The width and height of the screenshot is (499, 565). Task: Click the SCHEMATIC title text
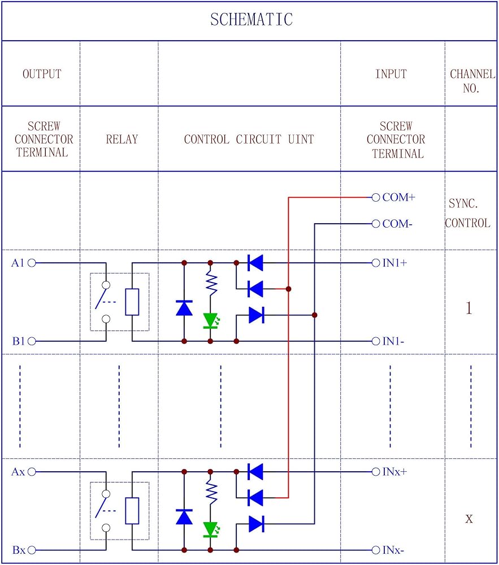coord(251,20)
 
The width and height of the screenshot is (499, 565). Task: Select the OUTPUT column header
coord(42,74)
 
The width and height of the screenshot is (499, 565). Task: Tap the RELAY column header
coord(122,139)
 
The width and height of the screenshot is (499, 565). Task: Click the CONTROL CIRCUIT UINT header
coord(249,139)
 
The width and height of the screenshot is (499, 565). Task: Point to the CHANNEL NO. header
coord(472,81)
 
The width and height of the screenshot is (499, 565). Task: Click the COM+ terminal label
coord(399,198)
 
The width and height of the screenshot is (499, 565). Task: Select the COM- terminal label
coord(397,224)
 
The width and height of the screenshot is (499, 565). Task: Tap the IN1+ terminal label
coord(396,263)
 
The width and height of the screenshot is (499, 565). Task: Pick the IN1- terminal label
coord(394,341)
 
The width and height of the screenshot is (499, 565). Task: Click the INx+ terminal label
coord(395,471)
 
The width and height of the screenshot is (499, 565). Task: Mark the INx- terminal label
coord(394,550)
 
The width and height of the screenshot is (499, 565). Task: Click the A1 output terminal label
coord(18,263)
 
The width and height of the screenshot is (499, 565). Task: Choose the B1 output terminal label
coord(18,341)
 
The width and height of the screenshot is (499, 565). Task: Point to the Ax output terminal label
coord(18,471)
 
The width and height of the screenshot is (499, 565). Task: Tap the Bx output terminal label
coord(18,550)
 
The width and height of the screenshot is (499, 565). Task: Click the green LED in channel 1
coord(211,320)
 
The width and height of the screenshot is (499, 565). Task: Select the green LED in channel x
coord(211,529)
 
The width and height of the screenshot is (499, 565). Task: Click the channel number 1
coord(468,308)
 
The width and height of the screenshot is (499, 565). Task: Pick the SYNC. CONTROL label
coord(468,213)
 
